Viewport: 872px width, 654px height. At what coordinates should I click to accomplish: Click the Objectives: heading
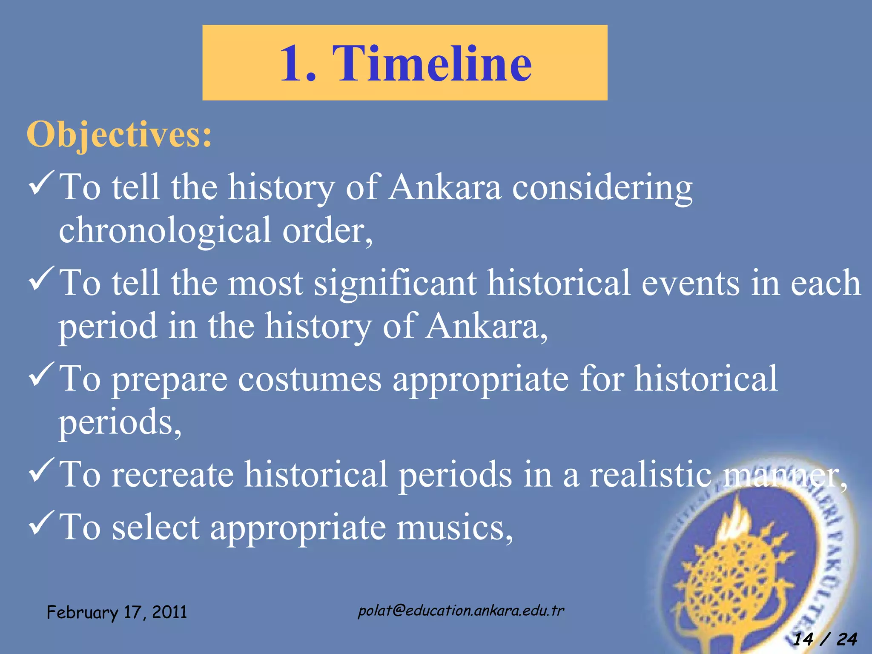(119, 135)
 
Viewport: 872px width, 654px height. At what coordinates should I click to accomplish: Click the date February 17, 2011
(117, 613)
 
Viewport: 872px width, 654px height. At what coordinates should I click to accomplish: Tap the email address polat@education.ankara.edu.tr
(461, 611)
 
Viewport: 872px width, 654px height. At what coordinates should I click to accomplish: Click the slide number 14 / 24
(825, 639)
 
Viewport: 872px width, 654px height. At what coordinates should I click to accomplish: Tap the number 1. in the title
(298, 63)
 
